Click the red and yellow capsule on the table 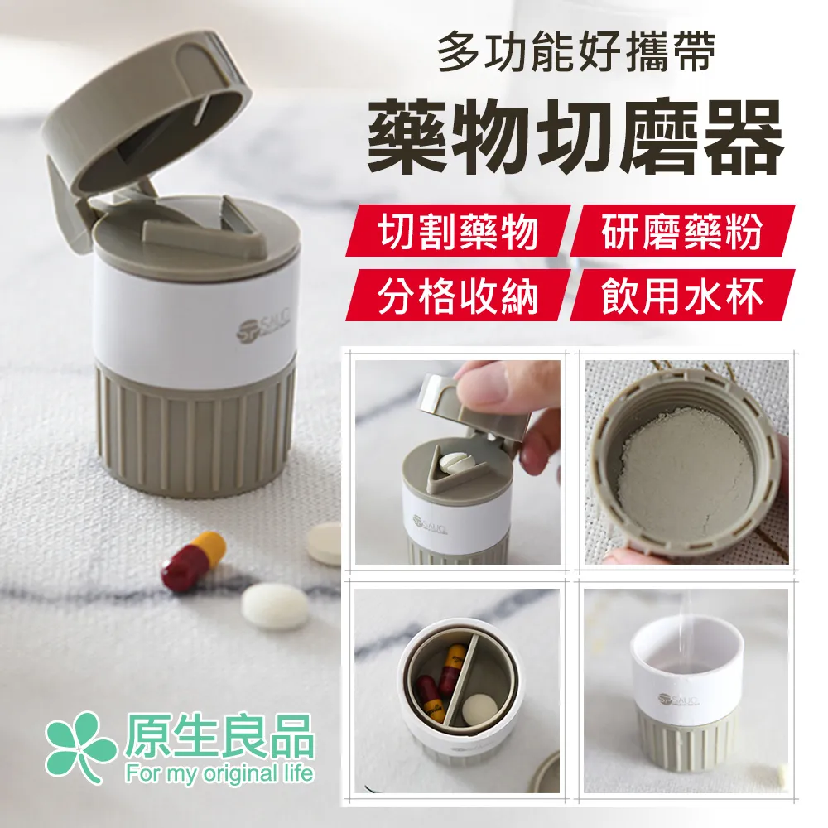pyautogui.click(x=192, y=561)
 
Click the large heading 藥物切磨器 pyautogui.click(x=575, y=137)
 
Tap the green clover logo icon pyautogui.click(x=79, y=748)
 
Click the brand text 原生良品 pyautogui.click(x=219, y=734)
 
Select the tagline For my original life pyautogui.click(x=219, y=774)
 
